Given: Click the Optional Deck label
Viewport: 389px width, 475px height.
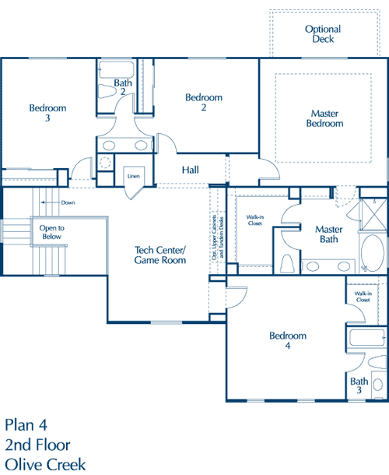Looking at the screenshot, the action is [323, 34].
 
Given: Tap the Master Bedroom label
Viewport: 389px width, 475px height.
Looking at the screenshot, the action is [324, 118].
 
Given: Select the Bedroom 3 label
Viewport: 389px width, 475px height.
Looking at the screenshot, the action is [47, 113].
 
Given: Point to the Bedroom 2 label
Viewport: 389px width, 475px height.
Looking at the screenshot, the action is [204, 102].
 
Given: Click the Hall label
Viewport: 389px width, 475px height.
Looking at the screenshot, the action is [191, 170].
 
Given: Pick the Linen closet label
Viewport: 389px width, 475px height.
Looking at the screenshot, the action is [134, 176].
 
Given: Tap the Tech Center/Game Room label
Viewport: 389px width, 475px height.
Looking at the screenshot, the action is [160, 255].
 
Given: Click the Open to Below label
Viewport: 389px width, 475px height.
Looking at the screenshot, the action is [52, 232].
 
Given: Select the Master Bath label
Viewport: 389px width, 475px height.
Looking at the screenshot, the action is [329, 234].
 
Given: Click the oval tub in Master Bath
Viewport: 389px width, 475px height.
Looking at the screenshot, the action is [373, 253].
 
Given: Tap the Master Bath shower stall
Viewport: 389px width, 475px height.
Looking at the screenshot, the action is [373, 214].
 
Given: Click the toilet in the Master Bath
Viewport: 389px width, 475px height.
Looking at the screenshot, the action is [287, 263].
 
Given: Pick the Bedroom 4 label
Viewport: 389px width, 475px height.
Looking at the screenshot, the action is [288, 340].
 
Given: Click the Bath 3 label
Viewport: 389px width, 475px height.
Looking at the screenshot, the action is [359, 385].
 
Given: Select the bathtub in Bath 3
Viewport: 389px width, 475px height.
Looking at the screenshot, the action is [366, 338].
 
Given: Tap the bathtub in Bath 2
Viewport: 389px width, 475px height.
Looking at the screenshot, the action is [117, 69].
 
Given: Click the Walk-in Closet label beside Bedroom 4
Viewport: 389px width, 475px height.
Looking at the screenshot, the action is [363, 297].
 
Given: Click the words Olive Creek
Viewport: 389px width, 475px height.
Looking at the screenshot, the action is [45, 464].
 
